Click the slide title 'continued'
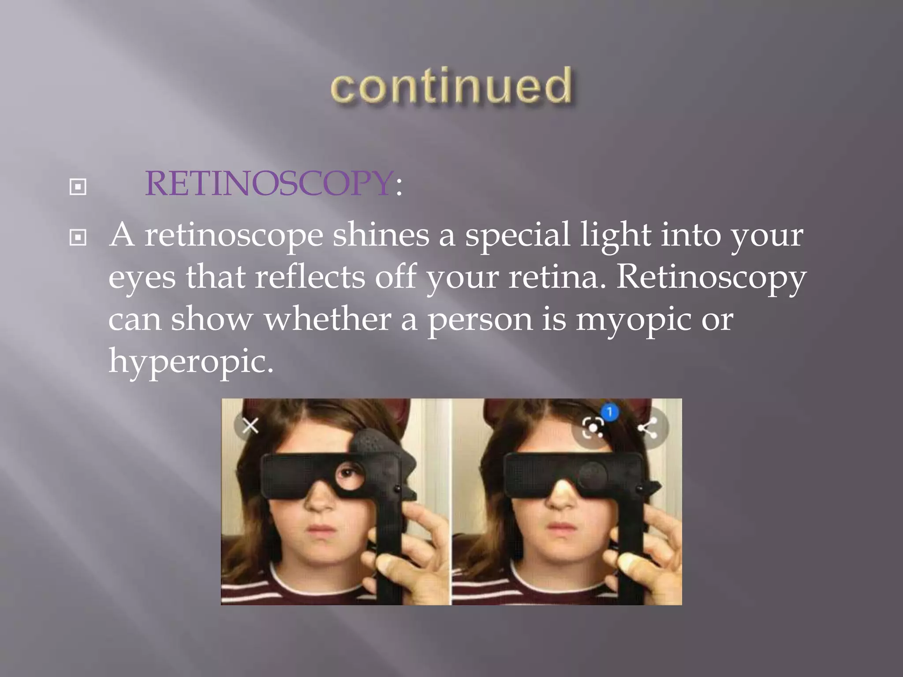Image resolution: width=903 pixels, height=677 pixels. pos(451,86)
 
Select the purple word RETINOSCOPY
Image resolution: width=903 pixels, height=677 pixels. pos(269,183)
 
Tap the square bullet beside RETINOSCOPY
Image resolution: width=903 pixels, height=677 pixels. pos(78,187)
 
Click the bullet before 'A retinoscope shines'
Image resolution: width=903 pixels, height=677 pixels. pos(78,238)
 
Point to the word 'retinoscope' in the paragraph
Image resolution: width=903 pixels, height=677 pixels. pos(234,236)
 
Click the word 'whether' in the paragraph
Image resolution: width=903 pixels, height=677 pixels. pos(327,319)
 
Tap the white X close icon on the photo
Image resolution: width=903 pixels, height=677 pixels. pos(250,426)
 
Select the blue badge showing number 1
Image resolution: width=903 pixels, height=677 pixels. pos(610,413)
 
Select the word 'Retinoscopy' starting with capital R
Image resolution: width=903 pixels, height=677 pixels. pos(711,278)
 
